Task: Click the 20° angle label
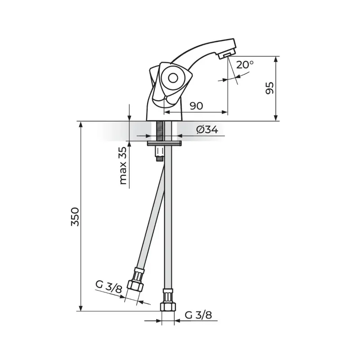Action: pos(245,65)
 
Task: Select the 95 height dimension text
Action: pos(270,88)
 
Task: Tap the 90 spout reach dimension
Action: pos(197,106)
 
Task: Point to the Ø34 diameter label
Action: pos(207,130)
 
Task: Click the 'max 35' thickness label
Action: pos(123,166)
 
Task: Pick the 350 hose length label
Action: pos(75,217)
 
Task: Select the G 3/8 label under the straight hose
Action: pos(198,315)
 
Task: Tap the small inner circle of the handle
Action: pos(173,78)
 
